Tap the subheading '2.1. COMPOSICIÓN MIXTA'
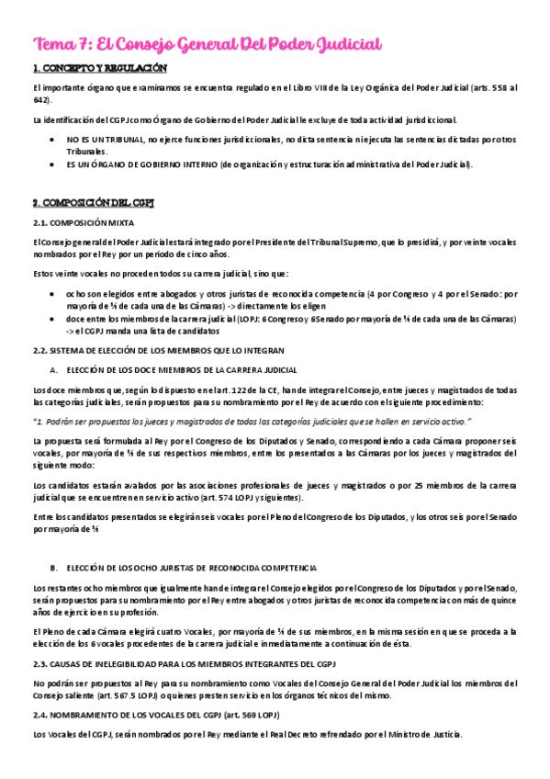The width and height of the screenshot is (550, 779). (83, 222)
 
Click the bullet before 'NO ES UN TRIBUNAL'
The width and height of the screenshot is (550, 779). (51, 140)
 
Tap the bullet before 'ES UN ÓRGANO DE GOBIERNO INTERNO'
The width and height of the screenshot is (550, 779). (51, 164)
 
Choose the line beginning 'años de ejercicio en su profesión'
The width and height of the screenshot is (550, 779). (95, 612)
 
